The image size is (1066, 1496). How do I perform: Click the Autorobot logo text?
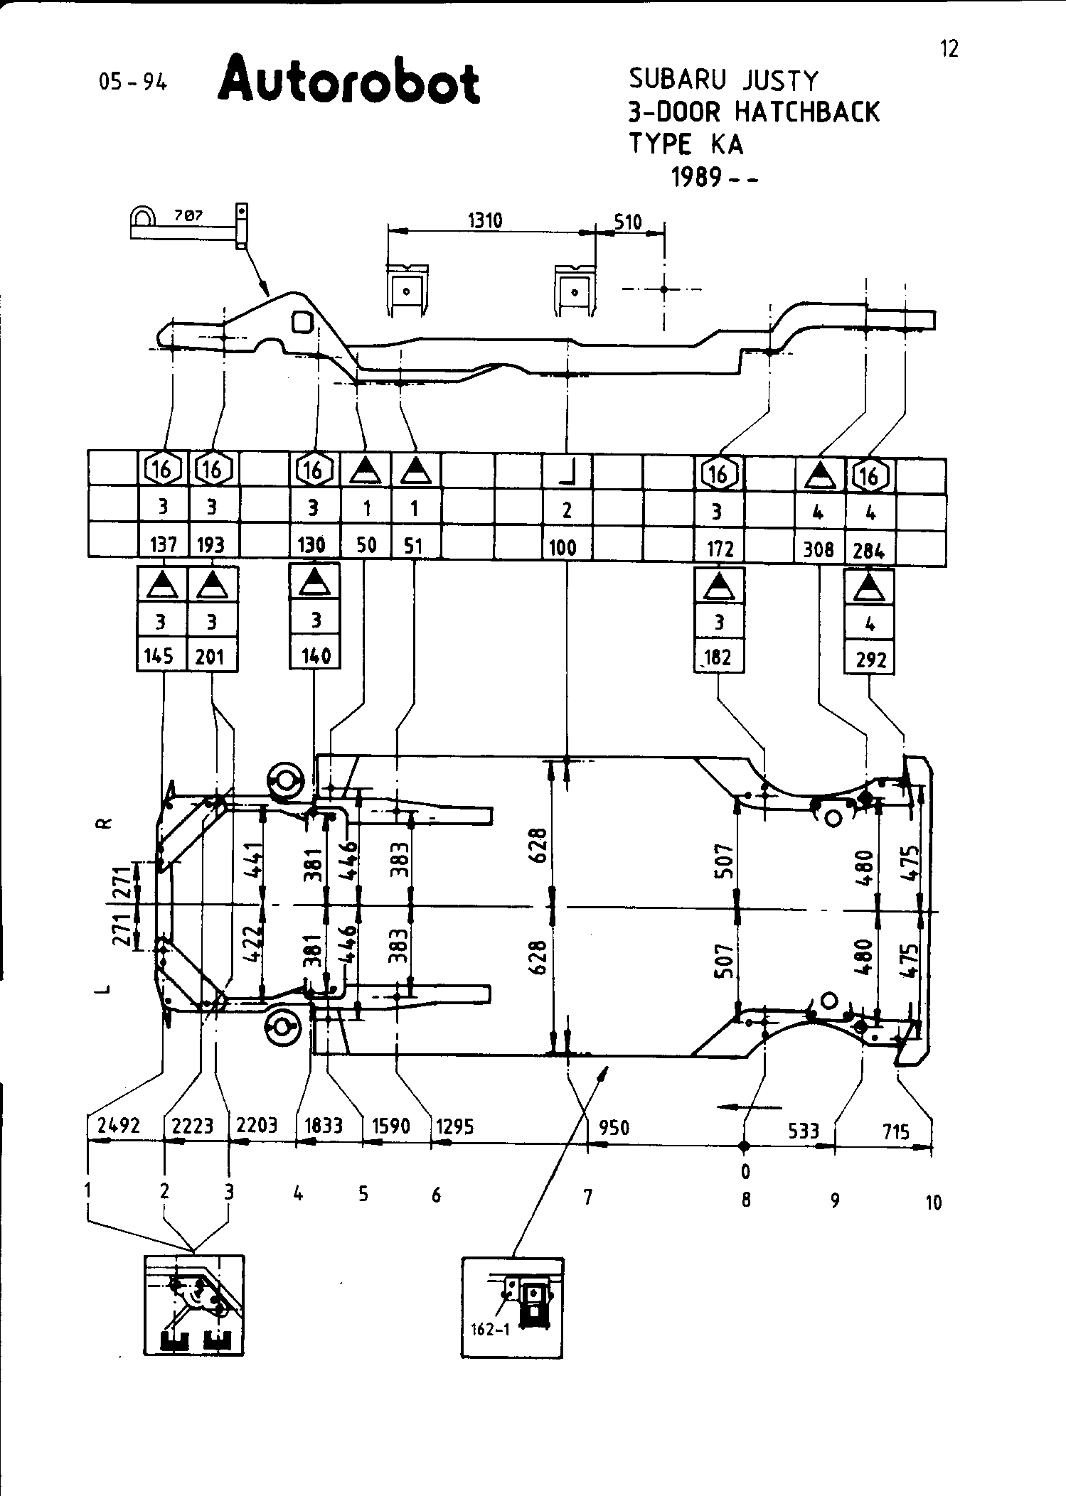pyautogui.click(x=348, y=84)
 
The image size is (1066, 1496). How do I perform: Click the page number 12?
pyautogui.click(x=949, y=49)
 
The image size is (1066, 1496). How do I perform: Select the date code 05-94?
pyautogui.click(x=133, y=82)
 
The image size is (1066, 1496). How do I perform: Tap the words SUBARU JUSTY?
pyautogui.click(x=723, y=80)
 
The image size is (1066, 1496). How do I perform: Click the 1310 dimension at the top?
pyautogui.click(x=485, y=221)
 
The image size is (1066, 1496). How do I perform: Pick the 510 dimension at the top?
pyautogui.click(x=628, y=222)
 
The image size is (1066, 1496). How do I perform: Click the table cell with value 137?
pyautogui.click(x=163, y=545)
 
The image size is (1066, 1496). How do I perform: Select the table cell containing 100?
pyautogui.click(x=563, y=548)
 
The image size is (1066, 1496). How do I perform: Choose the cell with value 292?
pyautogui.click(x=870, y=660)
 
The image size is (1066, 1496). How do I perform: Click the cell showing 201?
pyautogui.click(x=210, y=656)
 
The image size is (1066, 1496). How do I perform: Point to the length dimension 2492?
pyautogui.click(x=118, y=1126)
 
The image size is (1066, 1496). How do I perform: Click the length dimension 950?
pyautogui.click(x=614, y=1128)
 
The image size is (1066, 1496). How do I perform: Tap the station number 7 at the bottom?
pyautogui.click(x=587, y=1198)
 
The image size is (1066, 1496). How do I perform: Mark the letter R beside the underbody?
pyautogui.click(x=104, y=824)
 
